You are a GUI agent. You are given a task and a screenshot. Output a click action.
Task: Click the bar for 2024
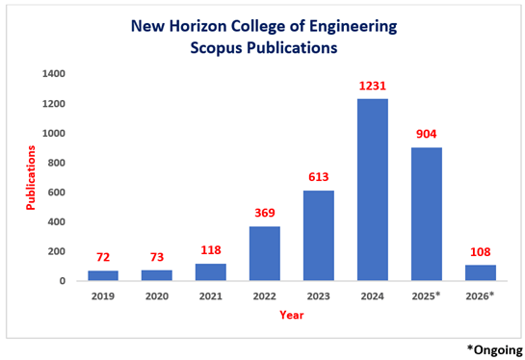click(373, 190)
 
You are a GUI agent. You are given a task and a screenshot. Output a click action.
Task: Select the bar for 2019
click(104, 275)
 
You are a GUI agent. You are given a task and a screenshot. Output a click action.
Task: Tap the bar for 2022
click(265, 253)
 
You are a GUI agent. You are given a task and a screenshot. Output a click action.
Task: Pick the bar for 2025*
click(427, 214)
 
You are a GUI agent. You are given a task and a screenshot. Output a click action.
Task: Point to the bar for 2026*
click(481, 272)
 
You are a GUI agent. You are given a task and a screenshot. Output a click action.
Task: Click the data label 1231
click(373, 87)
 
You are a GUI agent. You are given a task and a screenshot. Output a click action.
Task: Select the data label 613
click(319, 178)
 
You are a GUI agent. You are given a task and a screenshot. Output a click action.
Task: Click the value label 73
click(158, 258)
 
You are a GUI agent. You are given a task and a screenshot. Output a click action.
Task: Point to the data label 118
click(212, 251)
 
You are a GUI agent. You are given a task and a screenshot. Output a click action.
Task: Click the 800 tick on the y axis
click(57, 163)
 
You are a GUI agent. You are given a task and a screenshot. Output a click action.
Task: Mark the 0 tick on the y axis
click(64, 281)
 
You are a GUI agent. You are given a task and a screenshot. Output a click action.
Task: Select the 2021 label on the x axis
click(212, 296)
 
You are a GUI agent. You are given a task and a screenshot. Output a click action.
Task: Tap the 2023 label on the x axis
click(319, 296)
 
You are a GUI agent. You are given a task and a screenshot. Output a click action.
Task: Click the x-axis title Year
click(292, 314)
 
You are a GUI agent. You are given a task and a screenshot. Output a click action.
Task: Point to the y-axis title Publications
click(29, 177)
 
